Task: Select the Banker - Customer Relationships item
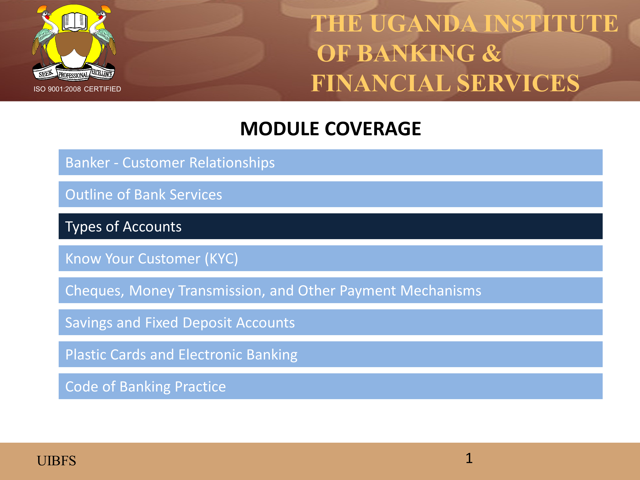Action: tap(330, 162)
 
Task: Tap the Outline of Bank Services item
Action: tap(330, 194)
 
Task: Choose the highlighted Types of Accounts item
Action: tap(330, 226)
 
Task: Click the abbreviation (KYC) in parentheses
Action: tap(221, 259)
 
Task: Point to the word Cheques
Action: tap(95, 291)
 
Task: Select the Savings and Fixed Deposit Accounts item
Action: tap(330, 322)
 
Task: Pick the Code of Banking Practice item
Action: tap(330, 386)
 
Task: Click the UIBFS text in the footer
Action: tap(56, 461)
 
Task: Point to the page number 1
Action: tap(469, 458)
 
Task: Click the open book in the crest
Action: tap(75, 21)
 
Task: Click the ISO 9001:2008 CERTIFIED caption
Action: tap(77, 89)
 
